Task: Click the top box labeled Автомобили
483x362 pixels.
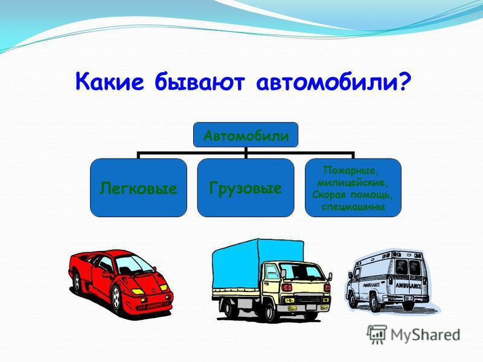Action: [246, 136]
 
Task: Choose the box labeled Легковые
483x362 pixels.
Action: [138, 188]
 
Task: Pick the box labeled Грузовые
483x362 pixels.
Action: [246, 188]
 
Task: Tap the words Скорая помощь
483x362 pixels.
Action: [353, 195]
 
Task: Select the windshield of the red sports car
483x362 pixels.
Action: [135, 263]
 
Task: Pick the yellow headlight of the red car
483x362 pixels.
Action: [138, 291]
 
